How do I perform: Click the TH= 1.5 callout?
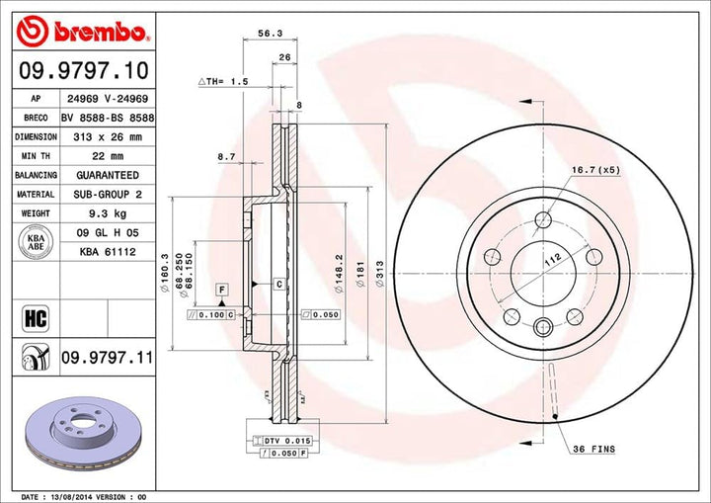(x=222, y=81)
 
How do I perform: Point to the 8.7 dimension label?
(x=225, y=156)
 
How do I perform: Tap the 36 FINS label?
(x=593, y=449)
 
